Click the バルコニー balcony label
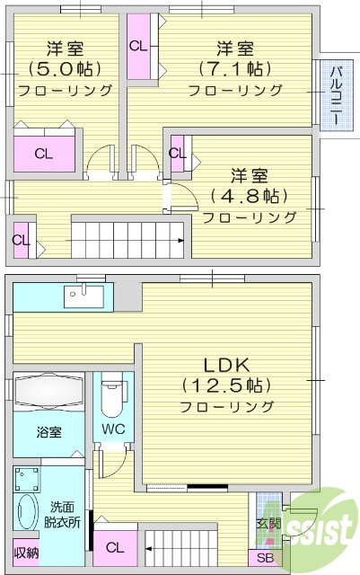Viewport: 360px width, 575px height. pos(334,95)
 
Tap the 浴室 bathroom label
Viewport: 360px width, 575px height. pos(49,432)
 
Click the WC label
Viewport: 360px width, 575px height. pos(113,429)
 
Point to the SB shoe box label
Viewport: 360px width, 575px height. pos(267,558)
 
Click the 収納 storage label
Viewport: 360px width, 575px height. pos(26,553)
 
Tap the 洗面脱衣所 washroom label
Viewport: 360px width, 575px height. pos(62,513)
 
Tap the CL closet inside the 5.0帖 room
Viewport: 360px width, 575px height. pos(43,153)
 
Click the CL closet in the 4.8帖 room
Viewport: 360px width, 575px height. pos(177,153)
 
